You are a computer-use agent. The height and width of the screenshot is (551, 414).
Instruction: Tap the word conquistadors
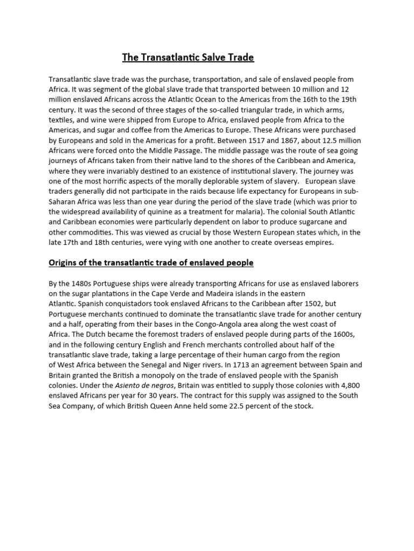tap(108, 303)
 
